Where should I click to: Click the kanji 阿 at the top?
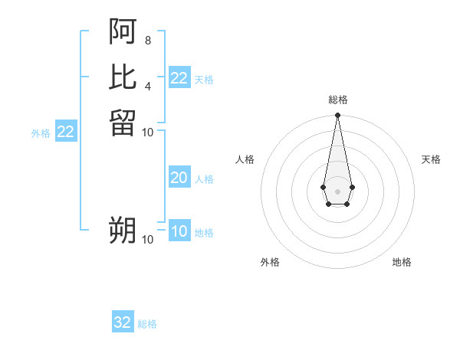click(123, 31)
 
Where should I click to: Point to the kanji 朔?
click(123, 230)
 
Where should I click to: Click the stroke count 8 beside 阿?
click(147, 40)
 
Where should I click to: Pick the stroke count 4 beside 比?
click(147, 85)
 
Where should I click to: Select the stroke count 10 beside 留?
click(148, 132)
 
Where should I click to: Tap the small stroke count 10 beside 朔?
click(148, 240)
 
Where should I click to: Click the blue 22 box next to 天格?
click(179, 78)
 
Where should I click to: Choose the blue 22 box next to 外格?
click(66, 132)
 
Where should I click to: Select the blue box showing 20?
click(179, 178)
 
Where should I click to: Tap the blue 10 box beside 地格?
click(179, 231)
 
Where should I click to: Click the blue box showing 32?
click(123, 322)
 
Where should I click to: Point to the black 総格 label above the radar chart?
click(337, 100)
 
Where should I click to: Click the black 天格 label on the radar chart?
click(431, 159)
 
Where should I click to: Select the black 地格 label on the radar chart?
click(402, 262)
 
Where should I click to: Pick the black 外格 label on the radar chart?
click(270, 262)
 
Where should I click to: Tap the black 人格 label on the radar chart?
click(245, 159)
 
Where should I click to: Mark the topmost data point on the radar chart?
click(337, 116)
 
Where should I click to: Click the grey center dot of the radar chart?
click(337, 190)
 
